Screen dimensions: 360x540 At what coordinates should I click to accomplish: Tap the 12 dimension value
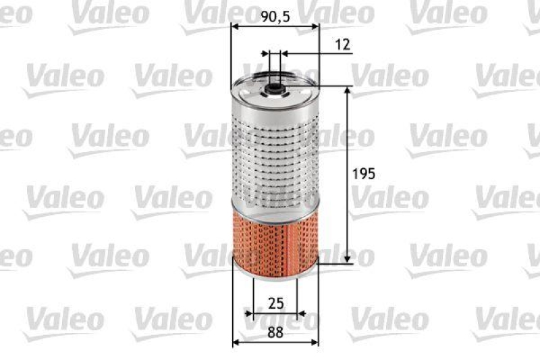point(342,45)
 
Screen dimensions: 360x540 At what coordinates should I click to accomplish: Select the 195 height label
point(364,174)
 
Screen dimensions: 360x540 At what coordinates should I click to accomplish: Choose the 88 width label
point(275,332)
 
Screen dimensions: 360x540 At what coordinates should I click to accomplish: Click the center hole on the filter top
point(274,86)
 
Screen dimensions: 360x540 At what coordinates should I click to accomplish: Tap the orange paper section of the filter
point(274,232)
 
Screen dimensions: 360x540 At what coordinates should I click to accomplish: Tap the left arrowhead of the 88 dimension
point(236,342)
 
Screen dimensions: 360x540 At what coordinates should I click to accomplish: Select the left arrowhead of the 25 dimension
point(250,314)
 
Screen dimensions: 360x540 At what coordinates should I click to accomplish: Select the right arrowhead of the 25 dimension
point(300,314)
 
